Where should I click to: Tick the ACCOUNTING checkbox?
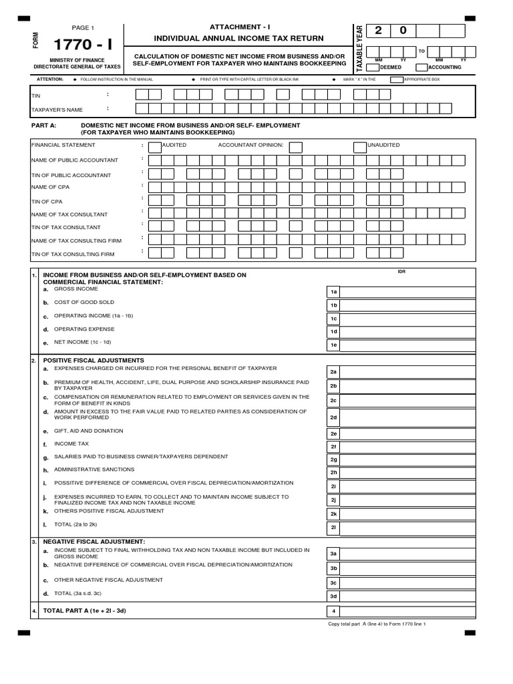click(x=421, y=67)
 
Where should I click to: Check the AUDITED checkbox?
click(x=154, y=147)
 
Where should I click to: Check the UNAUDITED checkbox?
click(x=360, y=147)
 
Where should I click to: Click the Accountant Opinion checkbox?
click(x=295, y=147)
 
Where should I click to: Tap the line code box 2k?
click(x=333, y=514)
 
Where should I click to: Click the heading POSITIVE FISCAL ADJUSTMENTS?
click(x=93, y=360)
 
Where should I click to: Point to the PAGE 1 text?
click(x=83, y=28)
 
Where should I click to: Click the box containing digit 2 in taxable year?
click(x=379, y=31)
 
